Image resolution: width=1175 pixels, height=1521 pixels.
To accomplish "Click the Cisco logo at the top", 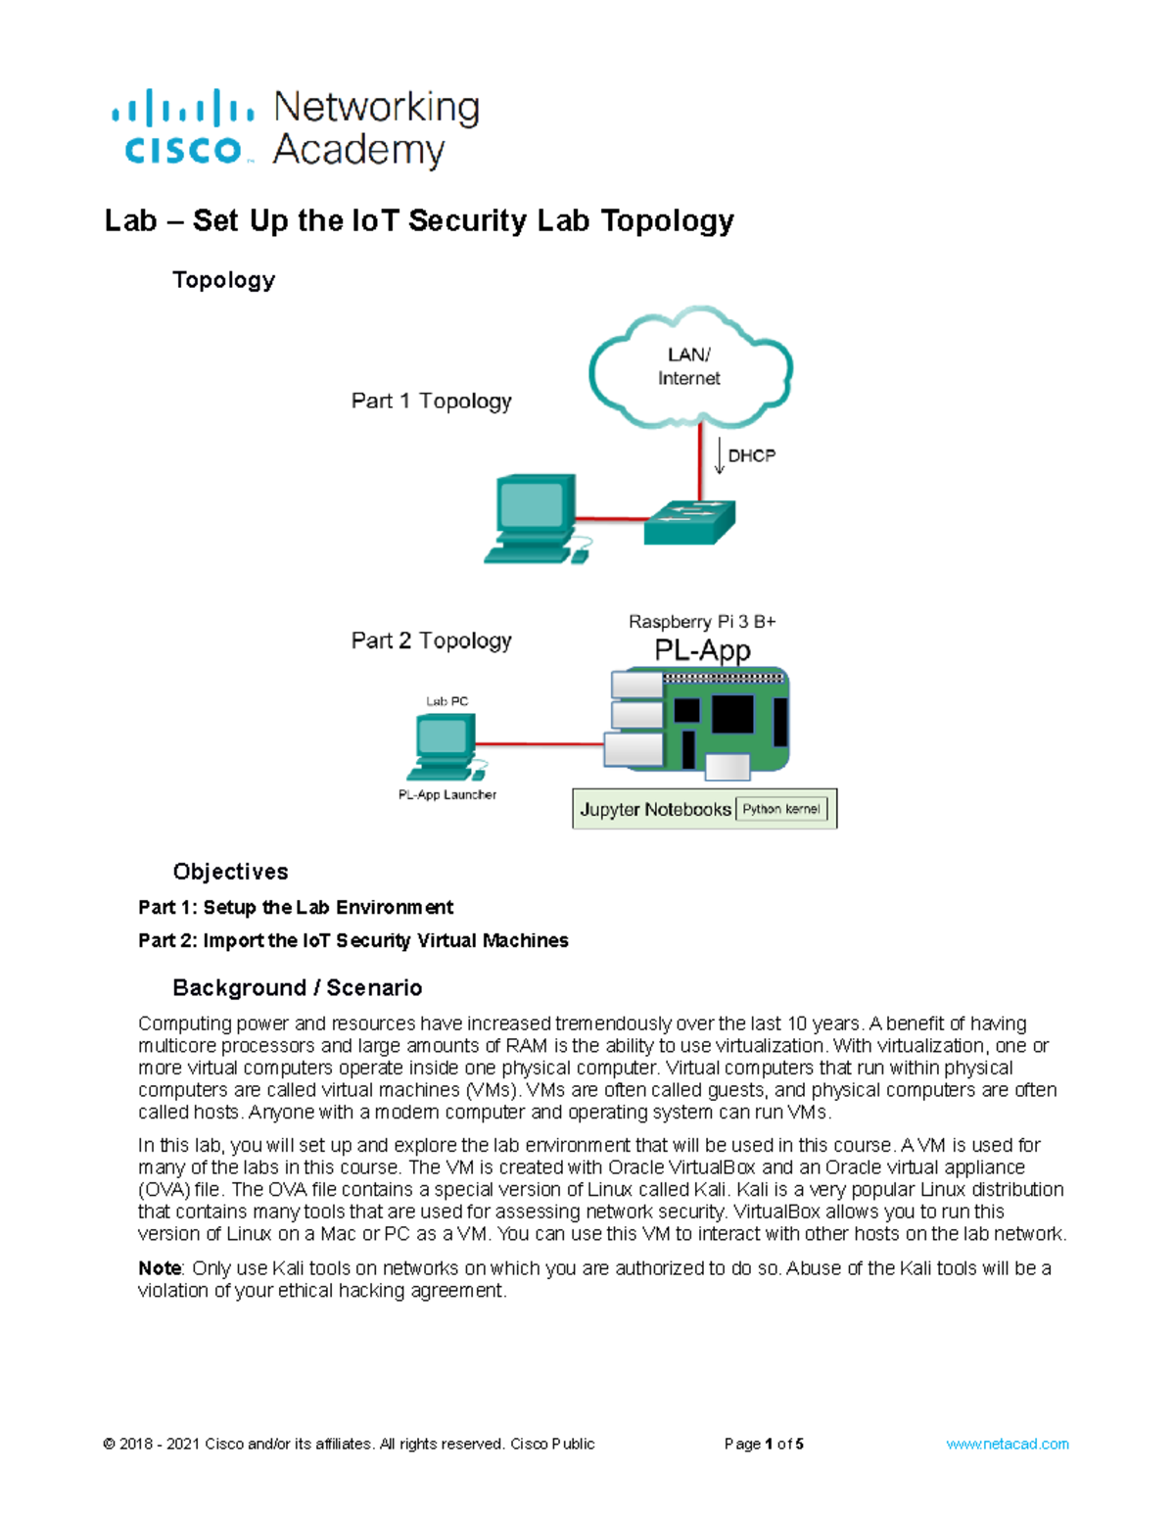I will (x=183, y=128).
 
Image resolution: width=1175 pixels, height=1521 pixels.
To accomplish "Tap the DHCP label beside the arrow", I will (x=751, y=455).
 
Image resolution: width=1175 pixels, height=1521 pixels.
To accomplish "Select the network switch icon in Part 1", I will (x=688, y=521).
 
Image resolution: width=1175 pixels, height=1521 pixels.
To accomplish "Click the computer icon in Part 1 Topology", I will (x=533, y=518).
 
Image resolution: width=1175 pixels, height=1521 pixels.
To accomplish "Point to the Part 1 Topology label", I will (x=431, y=401).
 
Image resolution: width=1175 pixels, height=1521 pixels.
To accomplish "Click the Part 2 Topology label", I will (x=431, y=641).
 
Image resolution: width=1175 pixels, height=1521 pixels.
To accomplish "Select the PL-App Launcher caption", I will (x=446, y=794).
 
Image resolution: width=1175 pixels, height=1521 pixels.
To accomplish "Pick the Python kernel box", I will (x=781, y=809).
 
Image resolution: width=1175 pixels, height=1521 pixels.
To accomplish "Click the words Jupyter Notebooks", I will (x=655, y=809).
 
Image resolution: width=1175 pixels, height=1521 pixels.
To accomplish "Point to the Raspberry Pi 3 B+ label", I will (x=701, y=622).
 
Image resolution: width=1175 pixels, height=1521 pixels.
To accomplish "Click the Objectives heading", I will (x=230, y=872).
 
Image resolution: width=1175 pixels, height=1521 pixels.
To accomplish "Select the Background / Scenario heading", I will (x=297, y=987).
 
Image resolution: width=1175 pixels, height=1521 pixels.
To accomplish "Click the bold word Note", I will (x=160, y=1268).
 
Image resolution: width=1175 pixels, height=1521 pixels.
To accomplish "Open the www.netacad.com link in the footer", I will (x=1007, y=1444).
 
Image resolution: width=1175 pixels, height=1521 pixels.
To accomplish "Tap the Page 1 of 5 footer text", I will (x=764, y=1444).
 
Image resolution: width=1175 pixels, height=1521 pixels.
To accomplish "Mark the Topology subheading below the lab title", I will (x=223, y=280).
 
